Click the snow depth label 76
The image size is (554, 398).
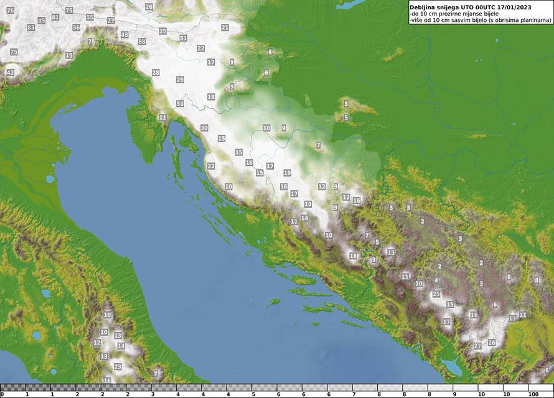[10, 11]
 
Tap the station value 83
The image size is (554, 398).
[31, 28]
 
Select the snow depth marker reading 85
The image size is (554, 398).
[42, 21]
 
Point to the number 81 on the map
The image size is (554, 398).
[55, 17]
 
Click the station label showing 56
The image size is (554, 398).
[76, 28]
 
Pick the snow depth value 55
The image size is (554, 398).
[90, 17]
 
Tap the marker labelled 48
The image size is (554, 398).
[124, 35]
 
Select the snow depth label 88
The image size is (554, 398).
[142, 42]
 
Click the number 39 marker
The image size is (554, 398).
[162, 31]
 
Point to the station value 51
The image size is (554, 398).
[183, 38]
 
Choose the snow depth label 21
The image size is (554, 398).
[225, 27]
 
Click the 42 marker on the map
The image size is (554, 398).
[10, 73]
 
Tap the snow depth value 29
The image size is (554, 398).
[180, 80]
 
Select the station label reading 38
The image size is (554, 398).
[180, 104]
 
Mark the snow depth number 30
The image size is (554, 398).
[204, 128]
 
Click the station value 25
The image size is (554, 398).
[436, 294]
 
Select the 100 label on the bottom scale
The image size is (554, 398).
[533, 394]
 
